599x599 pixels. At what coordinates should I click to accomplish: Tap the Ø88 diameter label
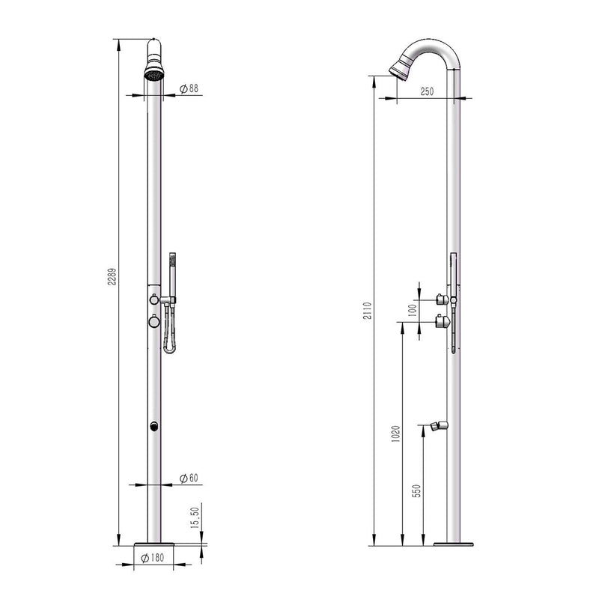pos(189,88)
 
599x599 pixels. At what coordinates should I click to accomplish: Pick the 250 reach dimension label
pos(427,91)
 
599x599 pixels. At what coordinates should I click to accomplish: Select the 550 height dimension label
pos(417,490)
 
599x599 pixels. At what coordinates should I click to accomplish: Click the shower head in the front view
pos(153,73)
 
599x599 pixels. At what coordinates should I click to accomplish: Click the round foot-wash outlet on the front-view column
pos(153,428)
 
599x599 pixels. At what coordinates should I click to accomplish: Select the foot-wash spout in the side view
pos(441,428)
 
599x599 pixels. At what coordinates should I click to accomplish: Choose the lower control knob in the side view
pos(443,323)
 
